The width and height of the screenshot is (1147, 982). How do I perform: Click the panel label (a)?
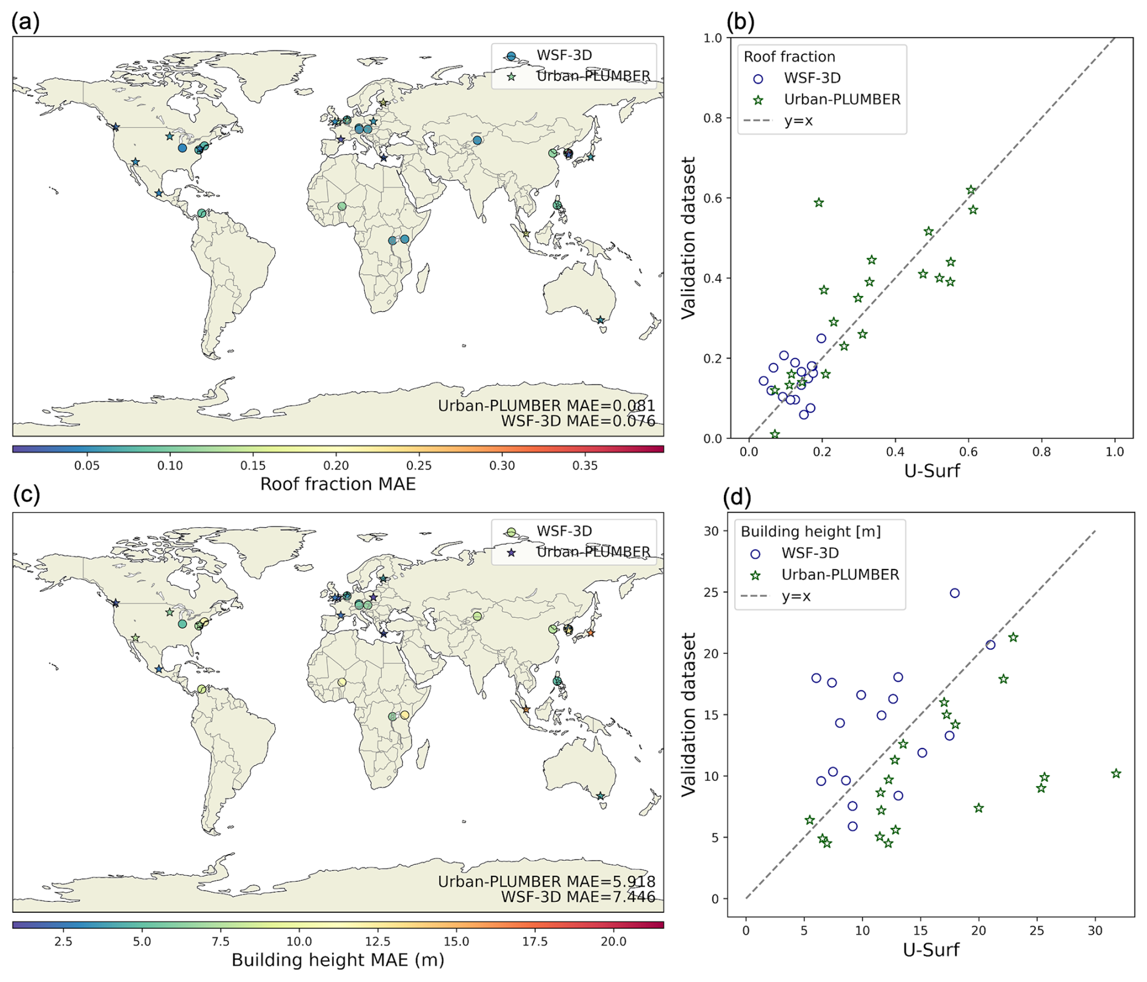click(25, 22)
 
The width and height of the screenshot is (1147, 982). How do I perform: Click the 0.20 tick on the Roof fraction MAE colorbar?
click(336, 466)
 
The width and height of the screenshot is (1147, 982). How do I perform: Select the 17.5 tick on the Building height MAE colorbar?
click(535, 941)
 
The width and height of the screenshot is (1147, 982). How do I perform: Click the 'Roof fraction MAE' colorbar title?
click(338, 484)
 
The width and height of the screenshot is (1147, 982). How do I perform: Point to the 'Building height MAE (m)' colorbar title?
click(338, 960)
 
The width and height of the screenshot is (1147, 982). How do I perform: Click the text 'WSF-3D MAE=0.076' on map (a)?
click(578, 421)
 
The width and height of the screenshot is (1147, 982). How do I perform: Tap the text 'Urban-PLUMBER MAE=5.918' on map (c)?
click(546, 881)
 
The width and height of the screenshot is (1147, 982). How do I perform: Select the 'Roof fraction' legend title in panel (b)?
click(789, 57)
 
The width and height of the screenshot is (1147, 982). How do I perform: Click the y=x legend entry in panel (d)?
click(797, 596)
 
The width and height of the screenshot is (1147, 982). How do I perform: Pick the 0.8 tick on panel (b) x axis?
click(1042, 452)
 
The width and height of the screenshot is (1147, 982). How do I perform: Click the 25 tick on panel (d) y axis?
click(712, 593)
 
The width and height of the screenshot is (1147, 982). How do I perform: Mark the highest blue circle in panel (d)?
click(955, 593)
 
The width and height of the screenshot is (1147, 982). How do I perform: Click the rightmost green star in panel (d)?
click(1116, 773)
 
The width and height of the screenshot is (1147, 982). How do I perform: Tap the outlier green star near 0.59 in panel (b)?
click(819, 203)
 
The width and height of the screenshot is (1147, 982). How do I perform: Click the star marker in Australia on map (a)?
click(600, 320)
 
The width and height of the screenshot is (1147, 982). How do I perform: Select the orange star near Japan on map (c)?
click(590, 633)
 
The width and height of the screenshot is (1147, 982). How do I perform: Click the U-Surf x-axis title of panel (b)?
click(932, 471)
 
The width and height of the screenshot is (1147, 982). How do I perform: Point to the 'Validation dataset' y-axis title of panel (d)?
click(689, 714)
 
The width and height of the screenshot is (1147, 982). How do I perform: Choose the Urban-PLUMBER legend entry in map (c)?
click(592, 552)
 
